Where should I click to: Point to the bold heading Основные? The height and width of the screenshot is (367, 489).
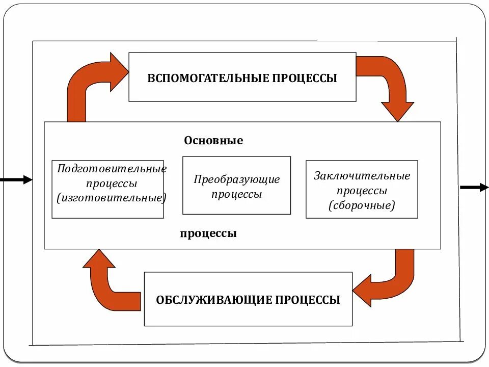click(213, 141)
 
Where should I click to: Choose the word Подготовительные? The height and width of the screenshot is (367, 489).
click(112, 168)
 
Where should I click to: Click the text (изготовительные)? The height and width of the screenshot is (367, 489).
click(112, 197)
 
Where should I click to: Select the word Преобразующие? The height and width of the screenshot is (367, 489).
click(237, 179)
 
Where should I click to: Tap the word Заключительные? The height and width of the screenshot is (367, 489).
click(362, 176)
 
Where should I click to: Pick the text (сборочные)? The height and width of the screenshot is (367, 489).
click(362, 205)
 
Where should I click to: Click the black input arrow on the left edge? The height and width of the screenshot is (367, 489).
click(15, 179)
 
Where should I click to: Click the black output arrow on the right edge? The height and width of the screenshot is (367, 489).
click(474, 188)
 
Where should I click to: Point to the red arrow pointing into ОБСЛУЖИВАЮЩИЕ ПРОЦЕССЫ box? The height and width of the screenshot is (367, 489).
click(387, 280)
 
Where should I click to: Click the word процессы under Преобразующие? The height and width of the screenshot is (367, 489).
click(237, 194)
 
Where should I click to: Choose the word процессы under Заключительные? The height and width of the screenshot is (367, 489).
click(362, 191)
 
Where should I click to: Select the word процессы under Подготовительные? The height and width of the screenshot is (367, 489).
click(112, 182)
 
